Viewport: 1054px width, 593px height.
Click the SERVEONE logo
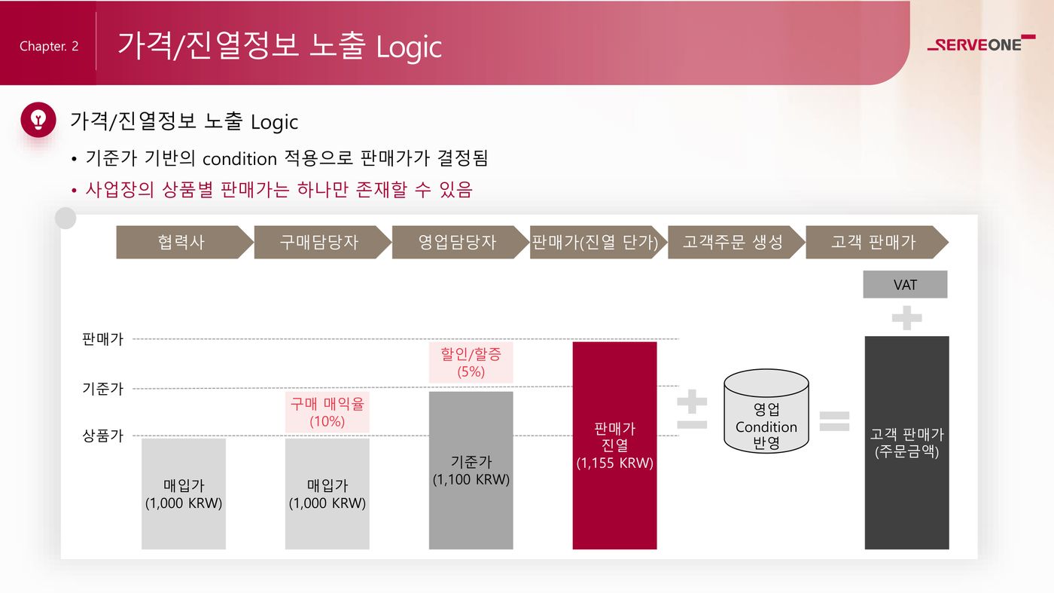(x=981, y=44)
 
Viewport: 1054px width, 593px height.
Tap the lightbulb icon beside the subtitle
(x=38, y=120)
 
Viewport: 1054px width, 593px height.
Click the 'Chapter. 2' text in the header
(x=49, y=46)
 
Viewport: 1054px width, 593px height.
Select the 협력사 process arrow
(x=184, y=242)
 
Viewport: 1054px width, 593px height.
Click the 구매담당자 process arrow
(x=322, y=242)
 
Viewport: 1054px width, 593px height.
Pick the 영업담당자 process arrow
(x=460, y=242)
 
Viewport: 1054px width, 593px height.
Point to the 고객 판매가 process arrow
(x=877, y=242)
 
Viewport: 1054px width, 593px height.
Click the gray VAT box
(x=905, y=285)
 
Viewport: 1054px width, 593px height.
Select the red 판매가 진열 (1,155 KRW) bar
(x=614, y=445)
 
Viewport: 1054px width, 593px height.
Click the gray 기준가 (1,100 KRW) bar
(x=471, y=470)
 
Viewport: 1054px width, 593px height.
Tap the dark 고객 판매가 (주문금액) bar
(x=906, y=443)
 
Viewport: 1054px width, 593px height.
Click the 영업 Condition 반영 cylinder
(x=766, y=411)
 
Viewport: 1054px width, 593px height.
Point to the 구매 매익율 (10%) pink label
(x=327, y=412)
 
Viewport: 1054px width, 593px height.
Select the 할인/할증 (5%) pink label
(x=471, y=362)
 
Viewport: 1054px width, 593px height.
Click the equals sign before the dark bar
(x=834, y=421)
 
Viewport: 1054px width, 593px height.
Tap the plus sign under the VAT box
(x=906, y=318)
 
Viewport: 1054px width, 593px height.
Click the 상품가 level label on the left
(x=102, y=436)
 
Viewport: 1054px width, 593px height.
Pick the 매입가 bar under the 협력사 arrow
(x=184, y=494)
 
